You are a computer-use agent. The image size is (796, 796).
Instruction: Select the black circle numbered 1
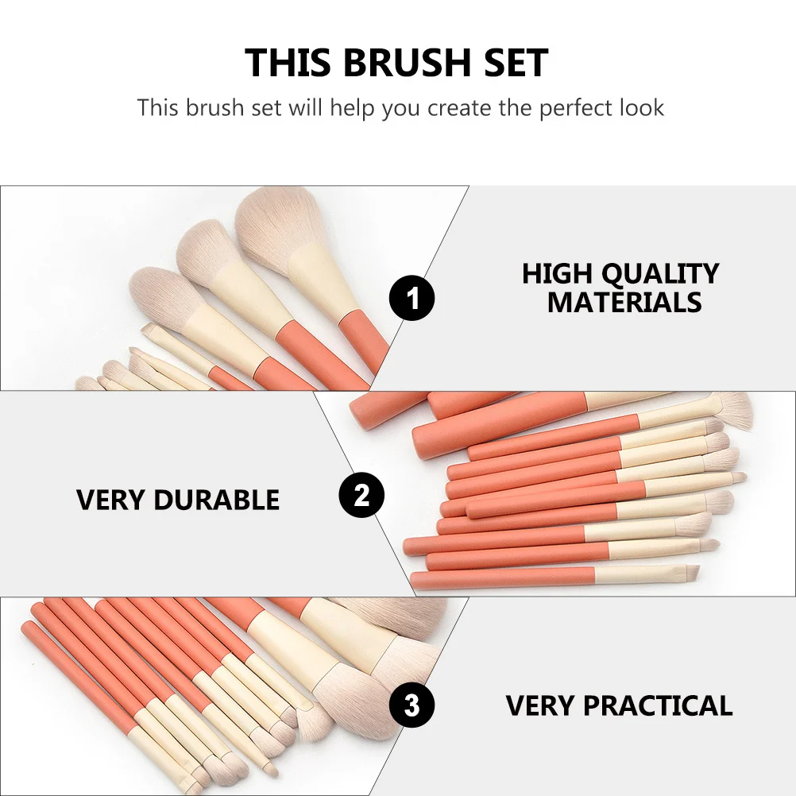[412, 299]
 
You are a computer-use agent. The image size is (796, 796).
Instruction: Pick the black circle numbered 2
[361, 496]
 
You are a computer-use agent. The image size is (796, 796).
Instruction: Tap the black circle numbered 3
[412, 705]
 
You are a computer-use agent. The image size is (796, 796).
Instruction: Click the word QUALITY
[659, 274]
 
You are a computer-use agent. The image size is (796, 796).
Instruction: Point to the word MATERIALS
[624, 303]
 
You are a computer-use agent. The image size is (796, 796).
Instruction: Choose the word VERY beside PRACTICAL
[540, 705]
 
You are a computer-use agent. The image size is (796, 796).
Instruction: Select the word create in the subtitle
[461, 107]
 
